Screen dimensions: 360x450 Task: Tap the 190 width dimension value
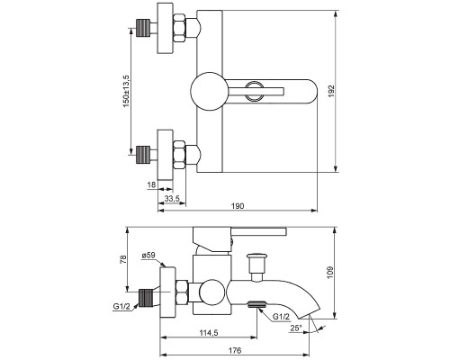point(238,207)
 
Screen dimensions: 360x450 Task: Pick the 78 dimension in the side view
point(124,261)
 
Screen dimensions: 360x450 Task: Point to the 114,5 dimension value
point(209,334)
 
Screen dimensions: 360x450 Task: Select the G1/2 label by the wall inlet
point(123,308)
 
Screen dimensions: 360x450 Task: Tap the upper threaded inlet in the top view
point(140,25)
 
